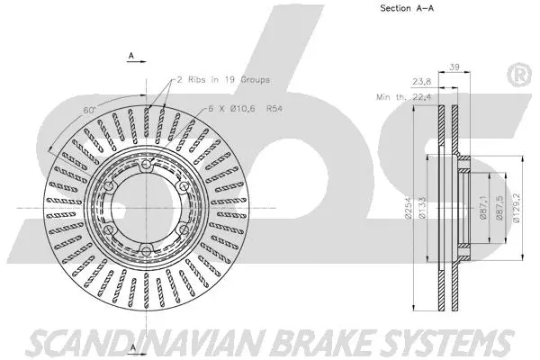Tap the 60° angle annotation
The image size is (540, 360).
87,109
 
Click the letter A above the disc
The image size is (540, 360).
131,56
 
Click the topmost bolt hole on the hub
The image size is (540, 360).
143,166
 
